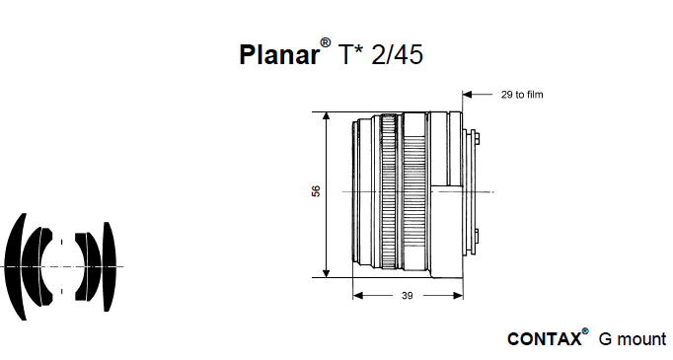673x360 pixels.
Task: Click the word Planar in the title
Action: point(279,54)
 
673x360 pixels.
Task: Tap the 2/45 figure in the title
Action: point(397,54)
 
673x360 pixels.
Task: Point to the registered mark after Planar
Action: point(326,43)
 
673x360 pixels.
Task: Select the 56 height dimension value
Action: point(316,191)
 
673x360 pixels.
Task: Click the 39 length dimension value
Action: point(408,296)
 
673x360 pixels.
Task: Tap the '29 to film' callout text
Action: point(522,95)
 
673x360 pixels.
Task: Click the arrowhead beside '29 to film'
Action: point(467,95)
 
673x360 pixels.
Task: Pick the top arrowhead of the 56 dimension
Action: point(327,116)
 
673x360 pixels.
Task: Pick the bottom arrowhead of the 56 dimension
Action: point(327,272)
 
